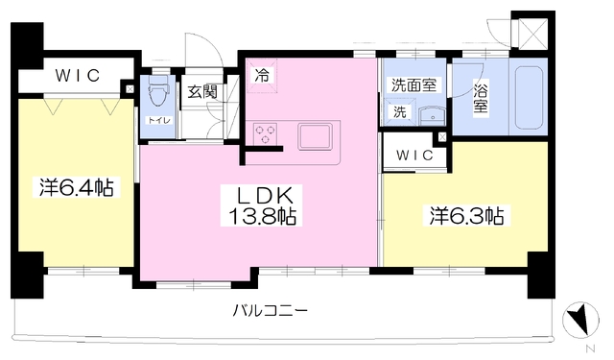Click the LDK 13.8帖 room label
[262, 205]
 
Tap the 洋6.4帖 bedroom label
[76, 187]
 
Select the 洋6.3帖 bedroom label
[466, 216]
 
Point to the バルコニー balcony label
[271, 311]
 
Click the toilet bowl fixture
[158, 91]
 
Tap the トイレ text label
[158, 120]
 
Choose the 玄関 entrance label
[202, 92]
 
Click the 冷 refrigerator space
[262, 76]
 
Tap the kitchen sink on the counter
[316, 136]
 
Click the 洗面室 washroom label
[413, 85]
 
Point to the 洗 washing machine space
[399, 112]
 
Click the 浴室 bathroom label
[481, 99]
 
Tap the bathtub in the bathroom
[529, 98]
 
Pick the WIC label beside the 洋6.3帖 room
[414, 156]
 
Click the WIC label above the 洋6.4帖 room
[78, 76]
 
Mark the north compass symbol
[580, 320]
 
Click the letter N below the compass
[591, 348]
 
